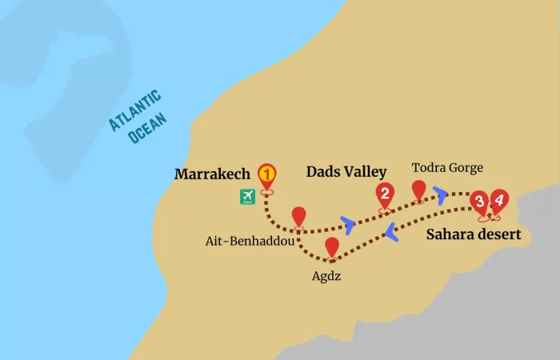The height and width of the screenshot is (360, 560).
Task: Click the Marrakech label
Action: point(214,174)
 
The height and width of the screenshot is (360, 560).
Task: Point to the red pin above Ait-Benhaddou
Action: point(298,216)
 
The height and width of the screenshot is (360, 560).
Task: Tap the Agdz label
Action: point(330,276)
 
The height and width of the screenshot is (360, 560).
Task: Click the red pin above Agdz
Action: point(332,247)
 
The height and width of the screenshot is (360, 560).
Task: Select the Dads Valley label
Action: point(346,171)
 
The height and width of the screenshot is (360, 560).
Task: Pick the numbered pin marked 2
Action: point(385,194)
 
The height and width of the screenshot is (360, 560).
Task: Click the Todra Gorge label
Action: point(448,167)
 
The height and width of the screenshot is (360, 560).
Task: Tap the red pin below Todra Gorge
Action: point(418,190)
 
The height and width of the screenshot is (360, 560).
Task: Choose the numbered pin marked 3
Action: point(478,201)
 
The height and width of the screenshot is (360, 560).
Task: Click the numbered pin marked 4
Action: point(498,199)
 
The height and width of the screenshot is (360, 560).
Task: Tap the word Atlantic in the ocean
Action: point(135,110)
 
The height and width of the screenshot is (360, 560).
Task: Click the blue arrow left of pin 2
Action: point(347,222)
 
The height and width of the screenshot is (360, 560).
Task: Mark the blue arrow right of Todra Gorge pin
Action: point(441,194)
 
